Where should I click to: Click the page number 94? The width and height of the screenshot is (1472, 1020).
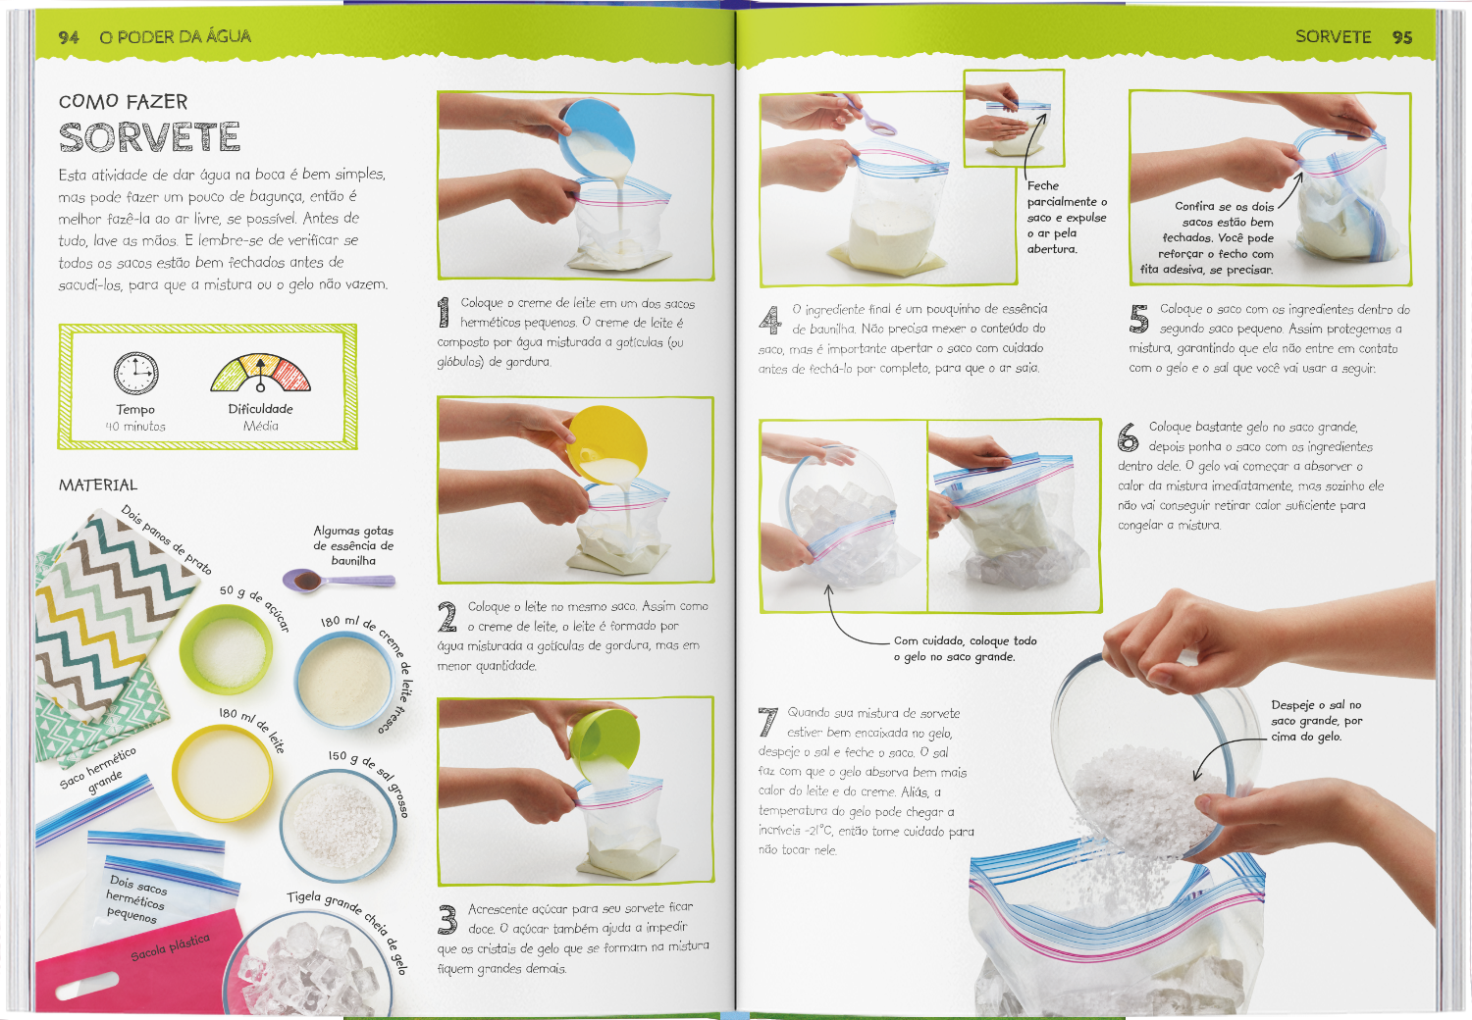point(69,37)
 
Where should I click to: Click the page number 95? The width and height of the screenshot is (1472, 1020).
point(1401,37)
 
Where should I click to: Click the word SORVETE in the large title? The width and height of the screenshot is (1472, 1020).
point(150,136)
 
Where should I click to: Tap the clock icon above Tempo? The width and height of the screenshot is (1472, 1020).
point(135,373)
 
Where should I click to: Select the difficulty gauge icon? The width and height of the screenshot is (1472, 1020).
point(260,373)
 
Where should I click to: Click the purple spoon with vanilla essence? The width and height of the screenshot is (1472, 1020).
point(339,581)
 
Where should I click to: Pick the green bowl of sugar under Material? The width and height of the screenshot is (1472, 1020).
point(226,649)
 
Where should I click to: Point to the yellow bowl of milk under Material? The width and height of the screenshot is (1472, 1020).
point(222,773)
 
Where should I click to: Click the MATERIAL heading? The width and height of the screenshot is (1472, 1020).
point(98,484)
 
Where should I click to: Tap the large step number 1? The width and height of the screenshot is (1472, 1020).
point(445,312)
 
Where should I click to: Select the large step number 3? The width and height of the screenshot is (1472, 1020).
point(447,919)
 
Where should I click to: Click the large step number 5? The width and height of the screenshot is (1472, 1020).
point(1138,319)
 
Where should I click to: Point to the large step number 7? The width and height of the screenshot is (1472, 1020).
point(767,722)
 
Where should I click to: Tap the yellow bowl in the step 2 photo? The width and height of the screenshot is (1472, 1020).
point(607,444)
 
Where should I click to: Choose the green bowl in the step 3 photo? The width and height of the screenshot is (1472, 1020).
point(605,744)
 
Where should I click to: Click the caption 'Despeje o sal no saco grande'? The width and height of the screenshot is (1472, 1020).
point(1316,721)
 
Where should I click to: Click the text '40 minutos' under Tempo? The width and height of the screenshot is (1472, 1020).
point(135,427)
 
